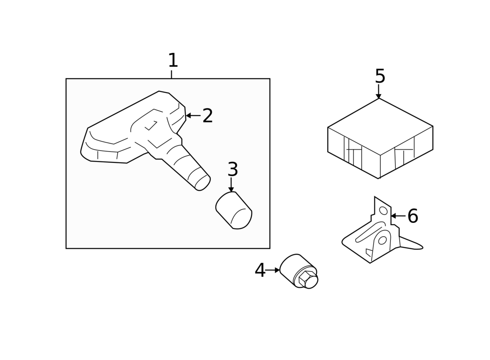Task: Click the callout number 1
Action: pos(173,60)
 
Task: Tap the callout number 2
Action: pos(207,116)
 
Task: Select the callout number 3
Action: pos(233,169)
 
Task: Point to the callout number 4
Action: pos(260,270)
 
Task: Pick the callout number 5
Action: pos(380,76)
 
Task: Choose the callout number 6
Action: pos(413,216)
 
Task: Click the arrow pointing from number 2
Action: pos(193,116)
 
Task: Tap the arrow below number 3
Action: pos(231,185)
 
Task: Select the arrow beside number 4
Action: pos(272,270)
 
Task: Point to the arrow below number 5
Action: pos(379,91)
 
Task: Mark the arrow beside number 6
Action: pos(398,216)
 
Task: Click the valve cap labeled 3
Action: pos(234,210)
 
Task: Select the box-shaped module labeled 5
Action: pos(380,138)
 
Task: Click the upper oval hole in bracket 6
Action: pos(383,211)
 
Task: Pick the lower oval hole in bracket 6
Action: pos(382,240)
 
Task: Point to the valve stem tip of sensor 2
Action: pos(203,182)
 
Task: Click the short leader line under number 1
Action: pos(171,74)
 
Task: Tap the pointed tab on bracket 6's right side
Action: pos(411,244)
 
